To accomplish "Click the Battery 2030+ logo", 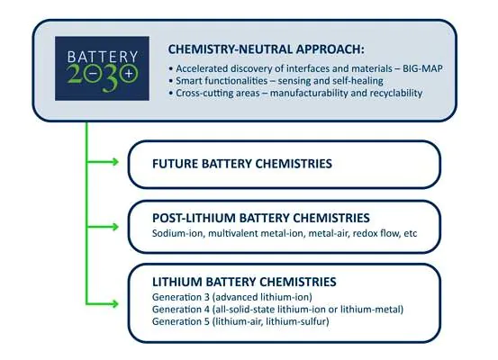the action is (102, 68).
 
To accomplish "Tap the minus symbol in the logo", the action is (94, 74).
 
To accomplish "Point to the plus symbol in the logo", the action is (129, 74).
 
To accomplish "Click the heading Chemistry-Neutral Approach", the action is (267, 49).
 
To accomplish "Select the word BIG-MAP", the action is (422, 68).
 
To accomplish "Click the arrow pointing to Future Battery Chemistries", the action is (103, 162).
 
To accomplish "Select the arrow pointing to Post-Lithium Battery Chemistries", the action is (103, 227).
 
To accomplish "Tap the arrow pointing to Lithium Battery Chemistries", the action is (103, 304).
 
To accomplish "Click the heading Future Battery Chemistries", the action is (242, 164).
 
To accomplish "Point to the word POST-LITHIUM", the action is (194, 218).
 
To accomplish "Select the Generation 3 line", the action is (232, 297).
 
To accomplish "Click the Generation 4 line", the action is (278, 310).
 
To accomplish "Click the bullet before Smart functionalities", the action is (171, 81).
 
